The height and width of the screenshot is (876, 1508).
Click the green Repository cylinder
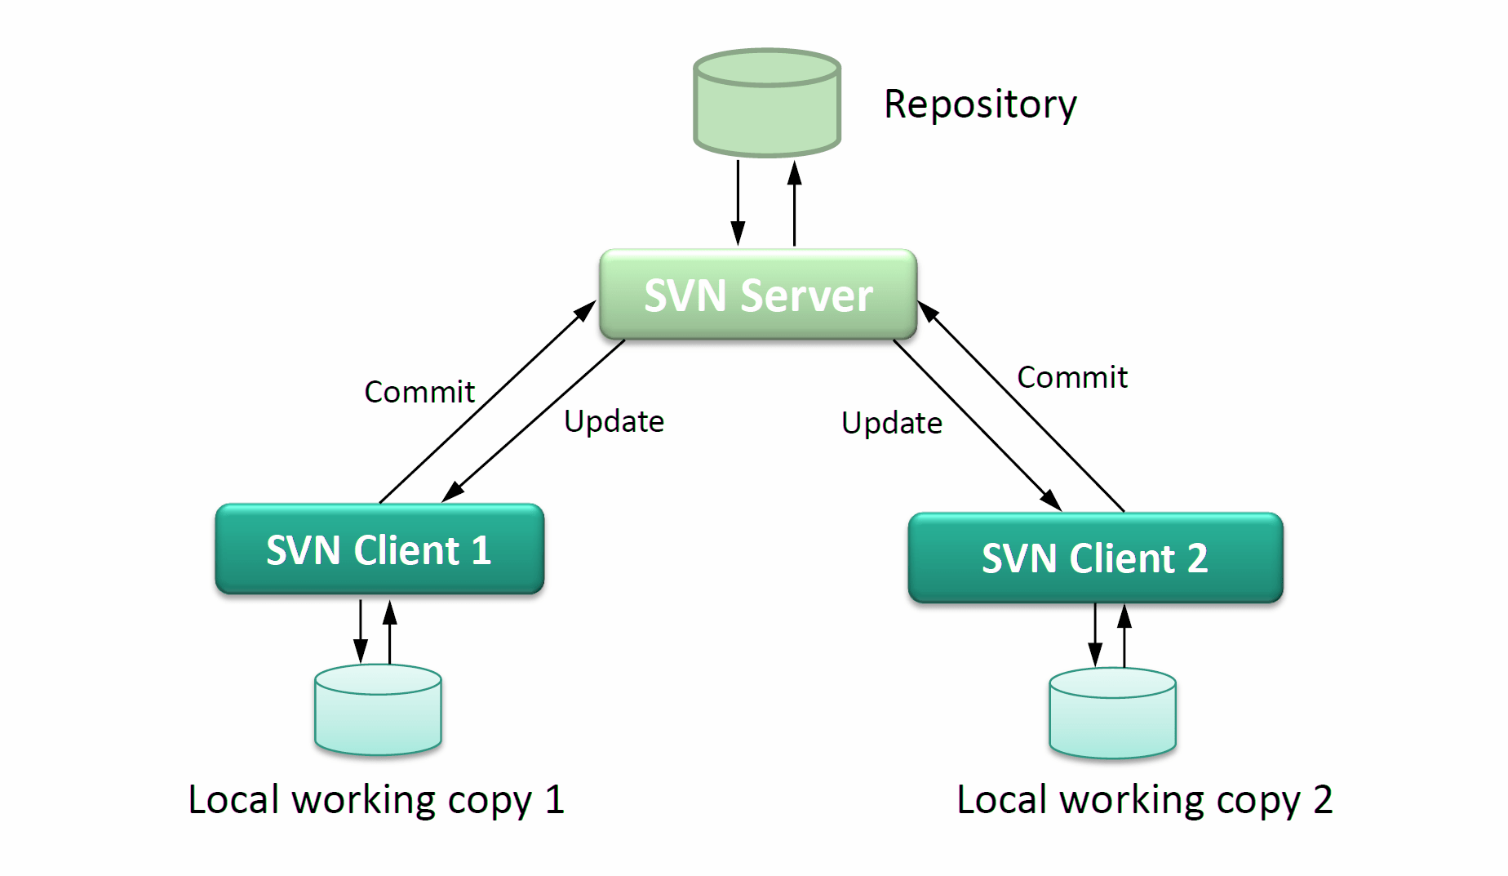[766, 106]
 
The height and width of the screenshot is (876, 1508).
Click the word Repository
[979, 104]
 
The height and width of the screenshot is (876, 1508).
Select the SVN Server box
[757, 295]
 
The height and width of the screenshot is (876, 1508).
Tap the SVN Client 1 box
[379, 549]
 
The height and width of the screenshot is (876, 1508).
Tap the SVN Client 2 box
[1094, 558]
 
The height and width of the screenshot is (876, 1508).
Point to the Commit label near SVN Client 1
[419, 392]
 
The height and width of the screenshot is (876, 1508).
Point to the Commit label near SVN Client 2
[1071, 377]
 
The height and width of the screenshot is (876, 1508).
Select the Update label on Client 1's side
[614, 421]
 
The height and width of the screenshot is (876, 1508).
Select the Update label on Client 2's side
[891, 423]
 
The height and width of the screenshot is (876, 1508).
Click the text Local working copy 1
[375, 799]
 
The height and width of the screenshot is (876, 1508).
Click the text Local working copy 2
[1144, 799]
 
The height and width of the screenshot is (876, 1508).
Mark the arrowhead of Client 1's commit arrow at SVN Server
[587, 310]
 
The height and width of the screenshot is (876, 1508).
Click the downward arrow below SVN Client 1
[360, 632]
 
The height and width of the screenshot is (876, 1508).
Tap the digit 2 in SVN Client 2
[1196, 558]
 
